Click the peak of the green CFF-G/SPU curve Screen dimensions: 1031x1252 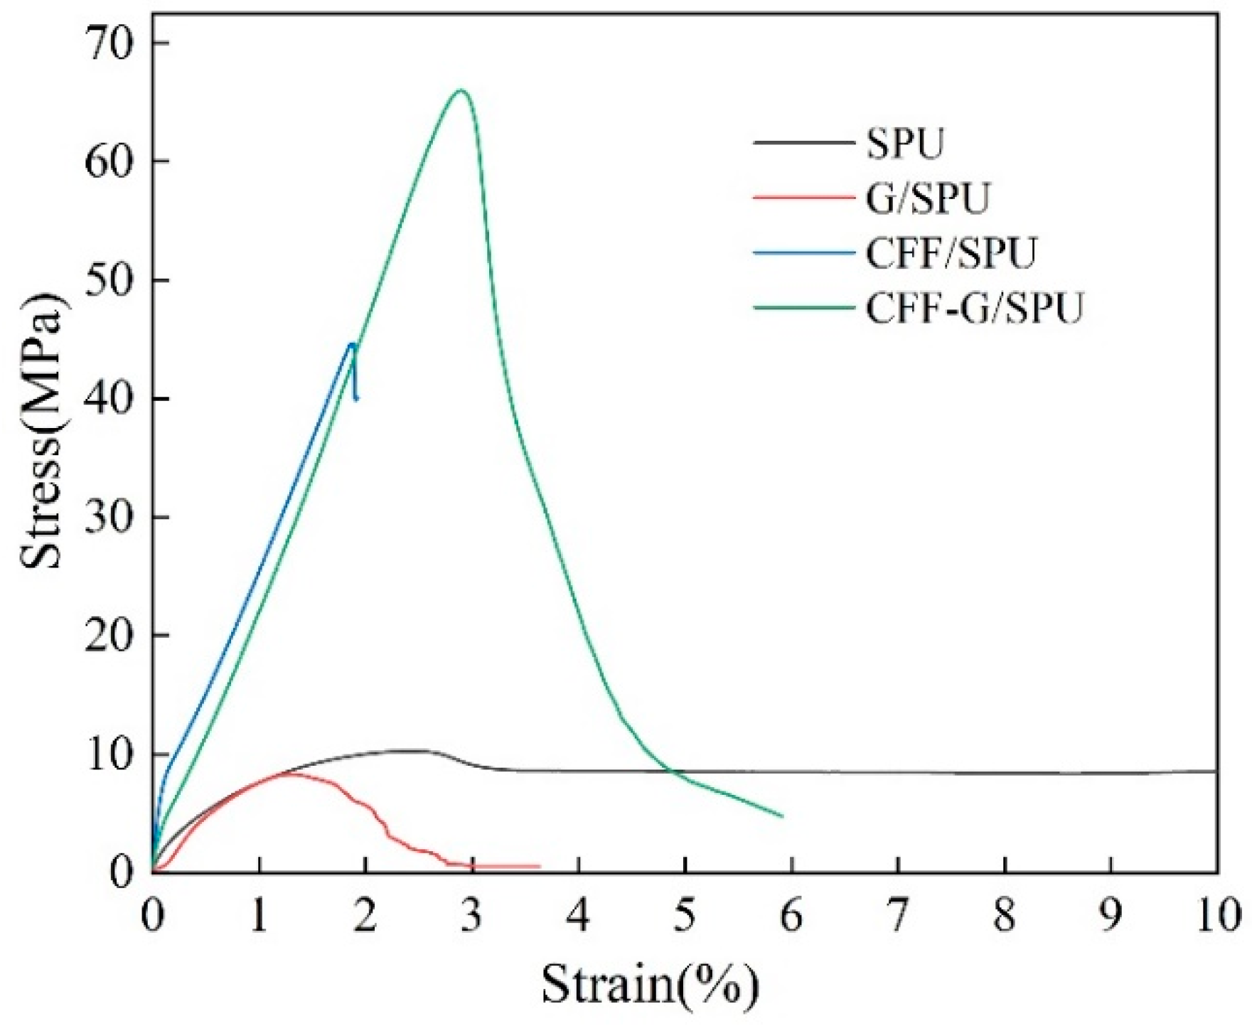coord(461,90)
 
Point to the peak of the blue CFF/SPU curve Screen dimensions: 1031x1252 coord(352,344)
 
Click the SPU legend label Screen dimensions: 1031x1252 coord(905,144)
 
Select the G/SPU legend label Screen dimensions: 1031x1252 coord(927,198)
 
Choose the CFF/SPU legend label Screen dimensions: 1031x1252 coord(951,253)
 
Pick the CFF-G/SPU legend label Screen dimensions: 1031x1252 coord(974,309)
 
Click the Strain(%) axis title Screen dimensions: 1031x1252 coord(650,985)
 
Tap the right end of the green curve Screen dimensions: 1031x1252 coord(782,816)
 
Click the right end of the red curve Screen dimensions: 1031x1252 coord(540,866)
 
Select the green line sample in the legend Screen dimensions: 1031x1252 coord(803,309)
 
